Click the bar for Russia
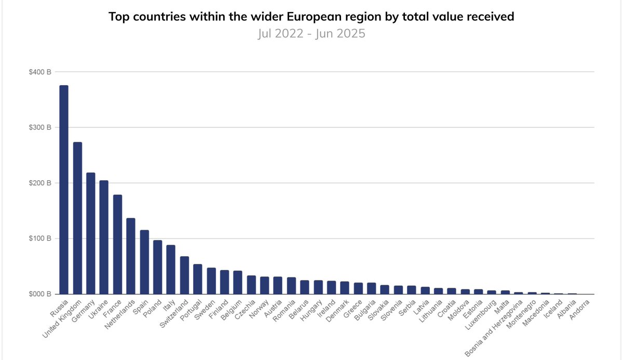pyautogui.click(x=64, y=190)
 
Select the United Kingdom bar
pyautogui.click(x=77, y=218)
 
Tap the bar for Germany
pyautogui.click(x=90, y=233)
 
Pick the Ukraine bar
pyautogui.click(x=104, y=237)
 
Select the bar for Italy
pyautogui.click(x=171, y=270)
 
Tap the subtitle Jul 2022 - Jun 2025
pyautogui.click(x=311, y=34)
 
